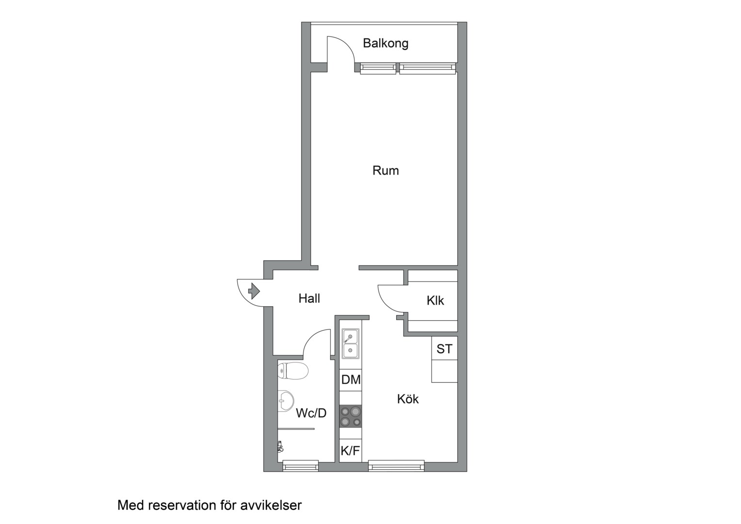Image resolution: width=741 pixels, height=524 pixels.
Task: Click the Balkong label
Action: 386,43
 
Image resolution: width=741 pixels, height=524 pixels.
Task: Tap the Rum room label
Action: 386,170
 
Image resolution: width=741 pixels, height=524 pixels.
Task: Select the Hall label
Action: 309,298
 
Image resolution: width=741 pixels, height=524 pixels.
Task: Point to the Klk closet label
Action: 435,300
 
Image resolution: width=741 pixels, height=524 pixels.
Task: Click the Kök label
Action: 408,399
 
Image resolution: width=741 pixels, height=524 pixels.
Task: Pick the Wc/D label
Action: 311,413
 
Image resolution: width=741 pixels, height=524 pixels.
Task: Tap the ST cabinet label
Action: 444,349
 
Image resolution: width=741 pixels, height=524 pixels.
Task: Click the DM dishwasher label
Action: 351,380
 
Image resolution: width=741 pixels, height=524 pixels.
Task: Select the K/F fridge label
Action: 350,451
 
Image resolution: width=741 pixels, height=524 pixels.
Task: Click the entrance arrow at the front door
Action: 254,291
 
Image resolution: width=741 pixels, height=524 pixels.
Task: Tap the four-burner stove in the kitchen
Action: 351,416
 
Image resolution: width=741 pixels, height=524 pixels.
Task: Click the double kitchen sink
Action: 350,344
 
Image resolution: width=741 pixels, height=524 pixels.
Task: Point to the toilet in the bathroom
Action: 293,371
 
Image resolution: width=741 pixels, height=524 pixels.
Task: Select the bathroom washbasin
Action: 286,401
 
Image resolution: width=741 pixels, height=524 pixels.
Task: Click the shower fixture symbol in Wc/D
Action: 280,446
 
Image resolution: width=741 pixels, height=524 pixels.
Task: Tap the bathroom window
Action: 300,466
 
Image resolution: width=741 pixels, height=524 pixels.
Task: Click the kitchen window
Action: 396,466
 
